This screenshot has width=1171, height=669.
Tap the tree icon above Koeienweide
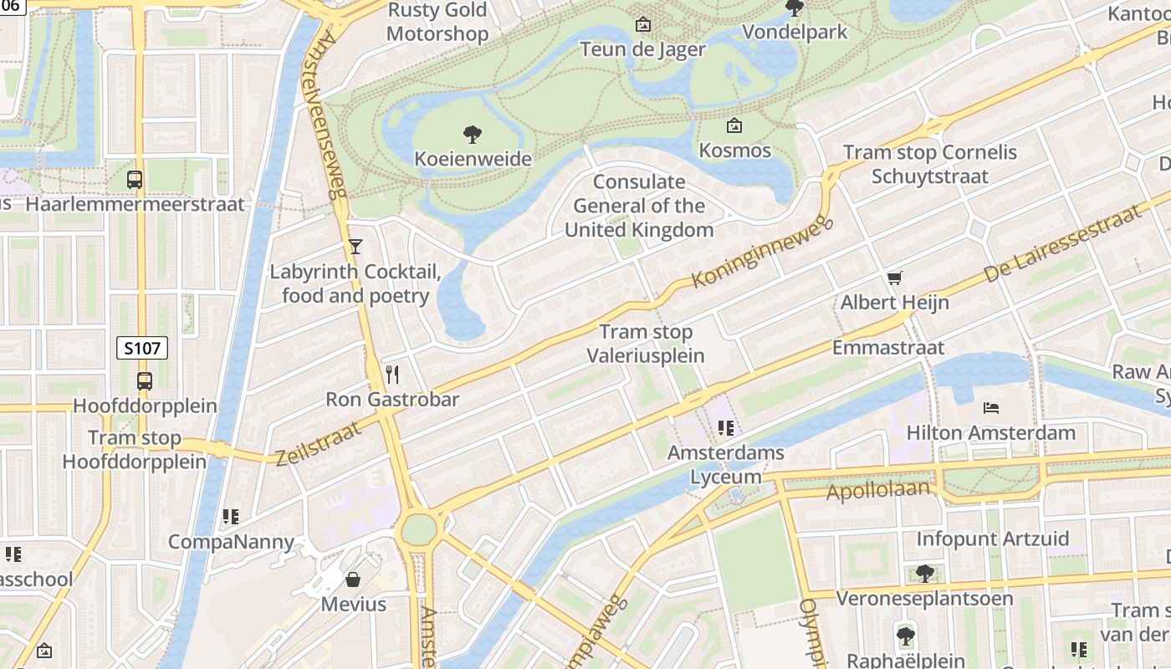point(473,134)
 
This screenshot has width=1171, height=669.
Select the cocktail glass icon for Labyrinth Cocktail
point(355,246)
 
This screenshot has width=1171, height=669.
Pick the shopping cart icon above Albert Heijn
point(895,278)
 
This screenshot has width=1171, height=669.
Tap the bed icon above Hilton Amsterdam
point(991,408)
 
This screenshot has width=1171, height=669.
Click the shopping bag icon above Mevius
point(354,579)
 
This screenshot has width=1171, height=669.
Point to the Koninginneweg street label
point(762,251)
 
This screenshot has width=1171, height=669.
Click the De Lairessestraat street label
point(1063,243)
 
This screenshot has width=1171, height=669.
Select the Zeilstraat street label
point(319,442)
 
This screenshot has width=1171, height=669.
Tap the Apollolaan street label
point(877,490)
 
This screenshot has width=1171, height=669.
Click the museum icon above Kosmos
point(734,126)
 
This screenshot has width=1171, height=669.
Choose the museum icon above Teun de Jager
point(642,24)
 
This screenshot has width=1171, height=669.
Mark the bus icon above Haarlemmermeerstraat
point(135,179)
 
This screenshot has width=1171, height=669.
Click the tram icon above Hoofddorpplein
point(145,381)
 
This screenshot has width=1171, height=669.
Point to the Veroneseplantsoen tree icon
point(924,574)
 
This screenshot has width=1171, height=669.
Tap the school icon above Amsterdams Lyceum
point(725,428)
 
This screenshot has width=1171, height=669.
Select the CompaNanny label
point(232,542)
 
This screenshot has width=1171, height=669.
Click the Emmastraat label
point(887,347)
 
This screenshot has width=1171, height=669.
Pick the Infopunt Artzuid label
point(993,539)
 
